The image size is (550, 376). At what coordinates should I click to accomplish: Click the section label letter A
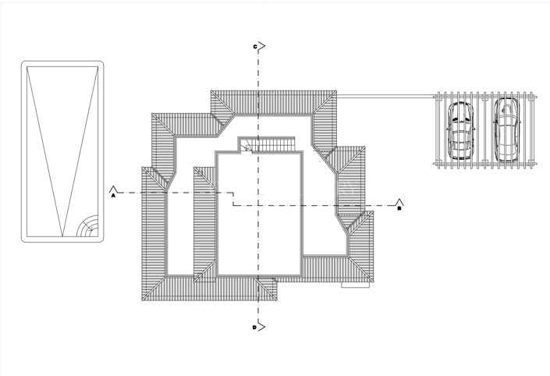click(114, 197)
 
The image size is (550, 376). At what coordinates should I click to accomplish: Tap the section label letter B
click(399, 209)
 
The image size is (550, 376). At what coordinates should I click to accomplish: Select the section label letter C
click(254, 47)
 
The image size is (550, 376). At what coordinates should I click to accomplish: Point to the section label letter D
click(254, 328)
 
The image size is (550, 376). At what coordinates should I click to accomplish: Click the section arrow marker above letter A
click(114, 189)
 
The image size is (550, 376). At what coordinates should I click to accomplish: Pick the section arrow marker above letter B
click(399, 202)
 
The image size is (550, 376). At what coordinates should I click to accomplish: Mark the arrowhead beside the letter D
click(262, 325)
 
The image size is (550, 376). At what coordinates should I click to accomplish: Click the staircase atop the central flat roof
click(270, 145)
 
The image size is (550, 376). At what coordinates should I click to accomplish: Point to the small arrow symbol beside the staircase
click(247, 146)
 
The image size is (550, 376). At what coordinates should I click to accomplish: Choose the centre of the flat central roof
click(259, 215)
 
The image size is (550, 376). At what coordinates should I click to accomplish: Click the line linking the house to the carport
click(385, 96)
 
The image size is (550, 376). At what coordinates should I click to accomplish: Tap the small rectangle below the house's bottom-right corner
click(355, 285)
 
